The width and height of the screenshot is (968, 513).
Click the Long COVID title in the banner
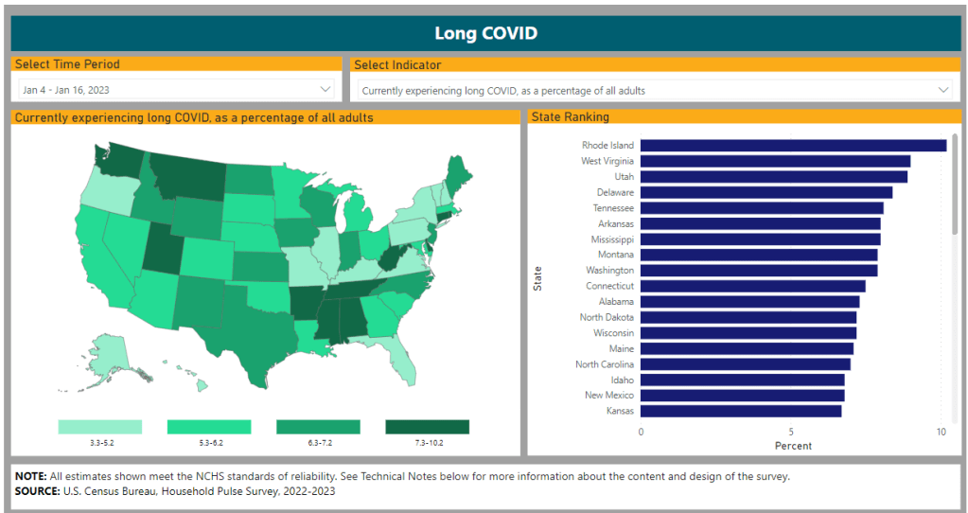(x=484, y=33)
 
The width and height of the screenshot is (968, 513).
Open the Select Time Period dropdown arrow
(x=326, y=89)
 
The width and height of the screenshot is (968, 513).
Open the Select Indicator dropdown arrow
(x=942, y=90)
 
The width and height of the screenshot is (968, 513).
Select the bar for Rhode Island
(x=793, y=146)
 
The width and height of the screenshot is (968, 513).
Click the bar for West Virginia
(x=775, y=161)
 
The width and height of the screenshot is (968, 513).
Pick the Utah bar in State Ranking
(x=773, y=177)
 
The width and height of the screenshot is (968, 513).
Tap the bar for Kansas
(x=740, y=411)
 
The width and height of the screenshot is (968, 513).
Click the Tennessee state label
(x=613, y=208)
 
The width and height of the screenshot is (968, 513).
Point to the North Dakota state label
(x=607, y=317)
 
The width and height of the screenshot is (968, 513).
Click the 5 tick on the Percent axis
(x=791, y=432)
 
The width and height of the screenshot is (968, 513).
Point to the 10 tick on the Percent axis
(x=941, y=432)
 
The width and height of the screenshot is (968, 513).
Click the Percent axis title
(x=792, y=445)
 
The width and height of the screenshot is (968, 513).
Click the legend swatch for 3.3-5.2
(x=99, y=427)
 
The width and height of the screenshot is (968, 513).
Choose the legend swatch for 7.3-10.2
(x=427, y=427)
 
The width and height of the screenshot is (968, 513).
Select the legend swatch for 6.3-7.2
(x=318, y=427)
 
